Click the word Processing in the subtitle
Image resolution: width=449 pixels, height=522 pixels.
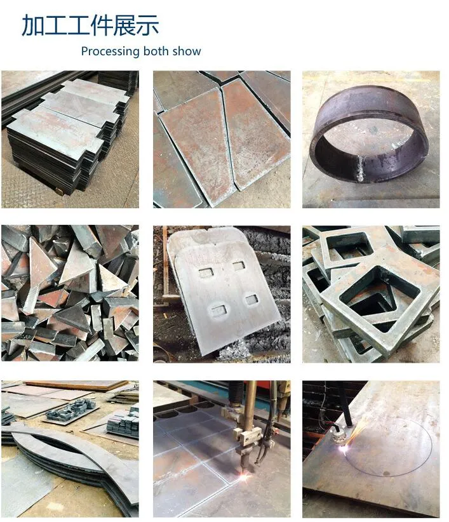(110, 51)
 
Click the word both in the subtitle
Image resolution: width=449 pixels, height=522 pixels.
(156, 51)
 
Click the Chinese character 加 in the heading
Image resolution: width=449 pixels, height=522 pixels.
(33, 25)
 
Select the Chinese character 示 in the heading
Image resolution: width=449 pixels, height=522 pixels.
(147, 25)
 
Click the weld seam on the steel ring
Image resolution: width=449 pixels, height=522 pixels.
(361, 169)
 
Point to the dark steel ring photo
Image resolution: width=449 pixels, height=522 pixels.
(371, 139)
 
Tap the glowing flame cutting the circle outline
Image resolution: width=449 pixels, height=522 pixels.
(343, 449)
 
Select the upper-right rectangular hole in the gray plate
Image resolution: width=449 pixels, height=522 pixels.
(239, 265)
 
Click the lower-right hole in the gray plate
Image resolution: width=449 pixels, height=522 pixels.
(251, 300)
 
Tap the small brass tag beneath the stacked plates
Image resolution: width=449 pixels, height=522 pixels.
(59, 191)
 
